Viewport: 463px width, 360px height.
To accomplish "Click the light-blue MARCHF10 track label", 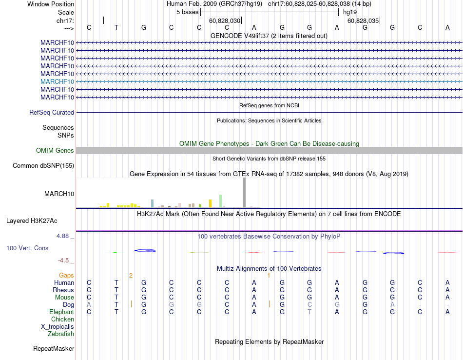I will [x=58, y=81].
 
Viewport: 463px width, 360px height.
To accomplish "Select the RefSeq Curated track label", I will [x=52, y=113].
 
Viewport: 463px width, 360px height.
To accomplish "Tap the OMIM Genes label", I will [x=55, y=151].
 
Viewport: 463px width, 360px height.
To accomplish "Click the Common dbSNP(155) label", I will [x=43, y=166].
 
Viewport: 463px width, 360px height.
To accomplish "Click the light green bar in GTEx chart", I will [x=221, y=201].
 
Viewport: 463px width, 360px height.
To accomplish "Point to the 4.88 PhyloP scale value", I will [x=65, y=236].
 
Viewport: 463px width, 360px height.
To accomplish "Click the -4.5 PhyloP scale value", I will [x=65, y=260].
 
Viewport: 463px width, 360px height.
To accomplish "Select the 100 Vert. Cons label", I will [x=27, y=248].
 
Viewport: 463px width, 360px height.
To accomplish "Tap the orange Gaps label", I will [x=66, y=276].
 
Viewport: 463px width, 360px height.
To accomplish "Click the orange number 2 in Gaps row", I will [x=131, y=276].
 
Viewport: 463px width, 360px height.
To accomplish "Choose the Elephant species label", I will [x=62, y=312].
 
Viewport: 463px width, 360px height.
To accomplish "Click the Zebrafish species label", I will [x=61, y=334].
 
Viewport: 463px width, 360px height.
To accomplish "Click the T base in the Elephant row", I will [x=309, y=312].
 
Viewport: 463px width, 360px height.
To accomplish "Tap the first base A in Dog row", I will [x=89, y=305].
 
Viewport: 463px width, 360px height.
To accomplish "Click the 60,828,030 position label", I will [x=225, y=21].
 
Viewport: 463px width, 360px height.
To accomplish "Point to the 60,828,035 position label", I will [x=363, y=21].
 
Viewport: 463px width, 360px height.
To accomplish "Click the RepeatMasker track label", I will [x=54, y=349].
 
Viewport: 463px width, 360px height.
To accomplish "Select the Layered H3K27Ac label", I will [x=32, y=221].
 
